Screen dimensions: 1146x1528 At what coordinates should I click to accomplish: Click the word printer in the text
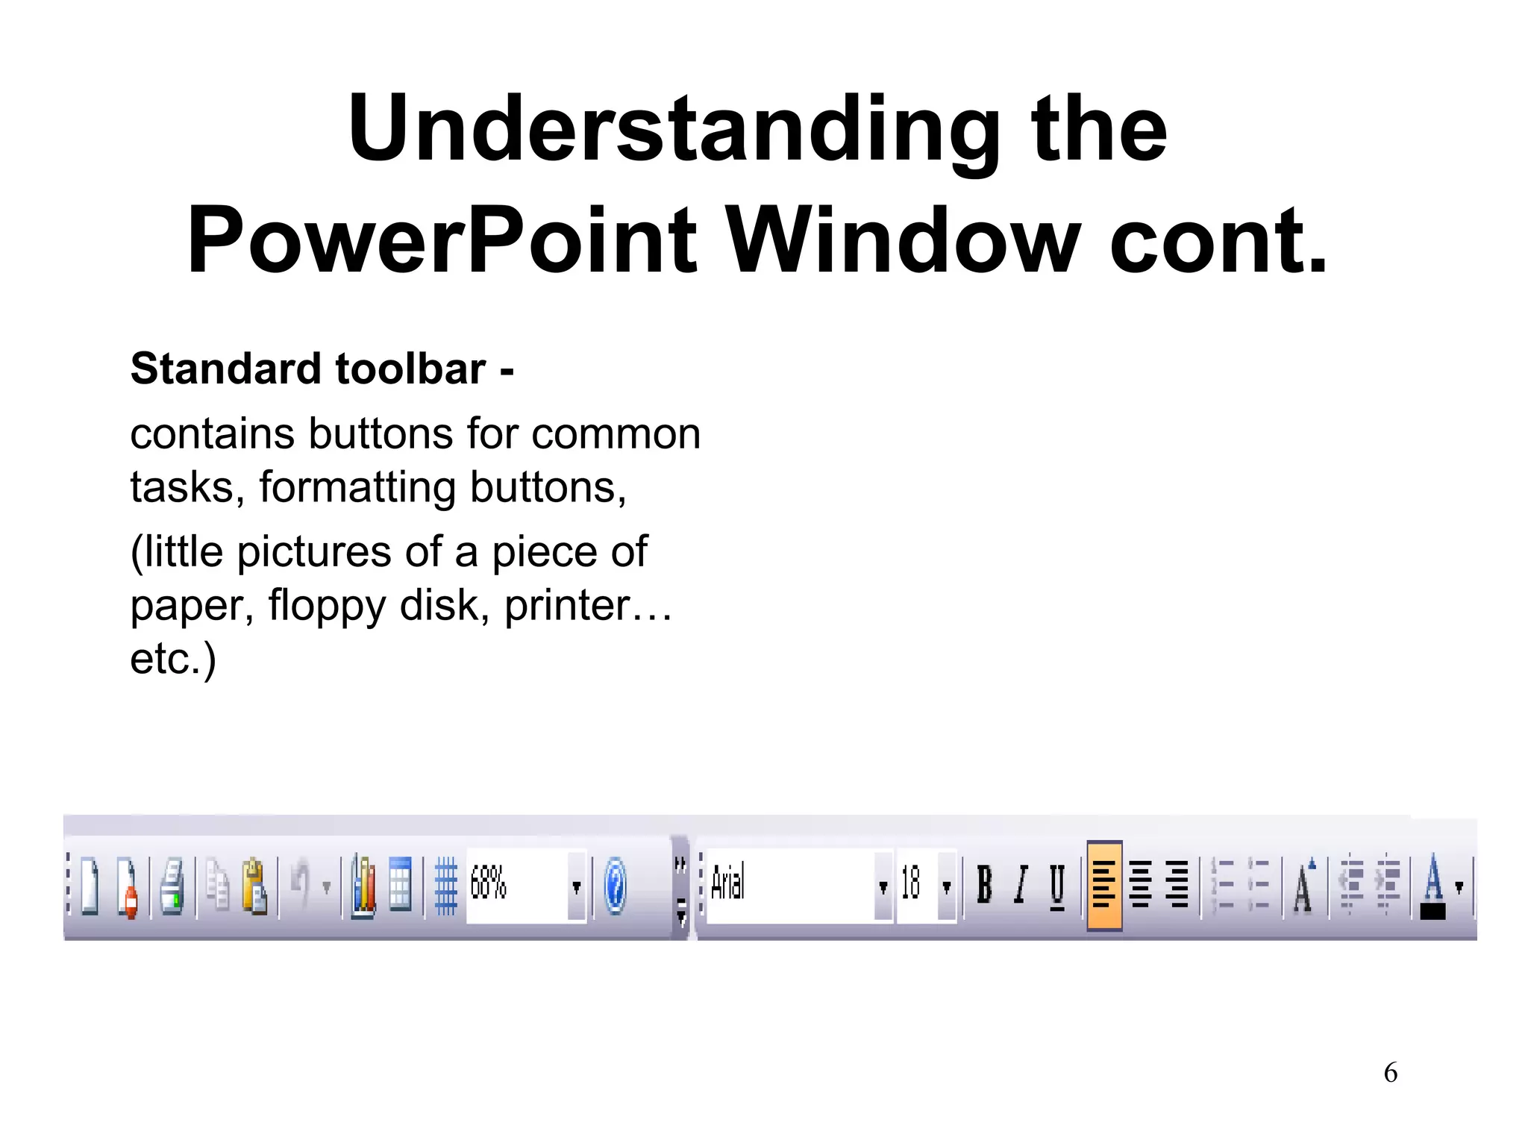[x=567, y=605]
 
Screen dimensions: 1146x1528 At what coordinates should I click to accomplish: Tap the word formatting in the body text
[x=357, y=488]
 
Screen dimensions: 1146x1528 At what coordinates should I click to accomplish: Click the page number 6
[x=1390, y=1073]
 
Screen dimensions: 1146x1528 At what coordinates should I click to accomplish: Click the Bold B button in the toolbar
[x=984, y=886]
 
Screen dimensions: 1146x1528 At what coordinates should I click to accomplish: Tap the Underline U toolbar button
[x=1057, y=886]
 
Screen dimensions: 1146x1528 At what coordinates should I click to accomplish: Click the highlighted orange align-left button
[x=1104, y=886]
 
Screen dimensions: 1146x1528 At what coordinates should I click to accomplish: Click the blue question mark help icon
[x=615, y=886]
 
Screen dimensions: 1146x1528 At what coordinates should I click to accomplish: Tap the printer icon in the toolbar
[x=172, y=886]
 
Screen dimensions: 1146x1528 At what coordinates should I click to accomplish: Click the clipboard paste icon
[x=254, y=886]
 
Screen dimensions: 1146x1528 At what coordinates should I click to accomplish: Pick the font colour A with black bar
[x=1432, y=886]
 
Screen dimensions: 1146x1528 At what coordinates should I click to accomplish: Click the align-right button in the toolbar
[x=1177, y=886]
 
